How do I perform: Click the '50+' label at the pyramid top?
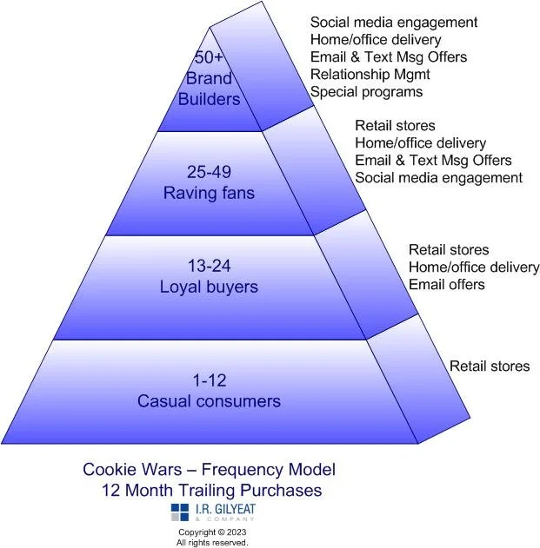(x=208, y=58)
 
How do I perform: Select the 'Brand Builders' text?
(x=209, y=89)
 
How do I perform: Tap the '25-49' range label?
(x=209, y=173)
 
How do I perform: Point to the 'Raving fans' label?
(x=209, y=193)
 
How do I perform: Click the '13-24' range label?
(x=209, y=266)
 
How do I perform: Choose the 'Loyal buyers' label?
(x=209, y=287)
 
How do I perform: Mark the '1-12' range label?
(x=209, y=380)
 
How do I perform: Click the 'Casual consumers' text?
(x=209, y=401)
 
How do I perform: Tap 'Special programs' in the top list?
(x=366, y=92)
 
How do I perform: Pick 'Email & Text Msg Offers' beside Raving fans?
(x=433, y=161)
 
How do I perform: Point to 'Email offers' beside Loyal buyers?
(x=447, y=285)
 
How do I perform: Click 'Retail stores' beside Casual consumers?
(x=490, y=366)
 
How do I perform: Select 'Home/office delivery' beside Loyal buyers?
(x=474, y=267)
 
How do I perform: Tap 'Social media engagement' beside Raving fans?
(x=438, y=178)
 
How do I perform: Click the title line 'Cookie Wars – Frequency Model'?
(x=209, y=470)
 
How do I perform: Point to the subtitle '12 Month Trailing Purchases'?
(x=211, y=491)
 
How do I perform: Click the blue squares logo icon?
(x=180, y=512)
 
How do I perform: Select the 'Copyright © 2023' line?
(x=212, y=531)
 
